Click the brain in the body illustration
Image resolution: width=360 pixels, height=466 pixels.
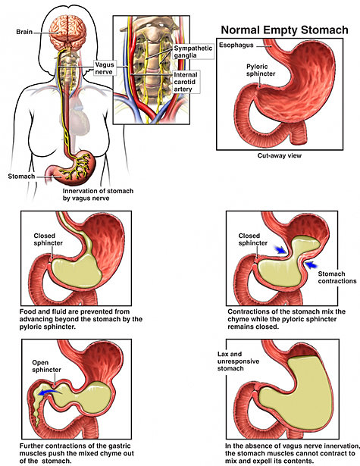point(68,31)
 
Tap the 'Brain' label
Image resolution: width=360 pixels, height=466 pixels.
point(24,32)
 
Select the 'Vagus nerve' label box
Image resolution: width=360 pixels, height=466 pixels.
point(104,68)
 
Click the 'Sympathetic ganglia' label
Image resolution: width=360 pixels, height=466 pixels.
point(193,52)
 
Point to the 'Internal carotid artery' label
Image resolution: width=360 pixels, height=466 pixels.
point(186,82)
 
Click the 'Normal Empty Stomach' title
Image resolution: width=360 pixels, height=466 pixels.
point(284,30)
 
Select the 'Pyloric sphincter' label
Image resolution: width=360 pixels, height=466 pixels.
point(261,70)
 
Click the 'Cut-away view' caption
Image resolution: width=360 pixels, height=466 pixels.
point(280,155)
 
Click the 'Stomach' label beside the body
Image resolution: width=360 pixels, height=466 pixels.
point(21,177)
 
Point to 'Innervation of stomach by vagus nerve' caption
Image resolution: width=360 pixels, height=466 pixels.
point(98,195)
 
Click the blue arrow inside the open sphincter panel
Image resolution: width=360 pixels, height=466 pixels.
point(50,393)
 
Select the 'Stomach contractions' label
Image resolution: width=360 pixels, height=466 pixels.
point(337,277)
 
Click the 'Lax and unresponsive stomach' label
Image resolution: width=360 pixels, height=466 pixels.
point(238,361)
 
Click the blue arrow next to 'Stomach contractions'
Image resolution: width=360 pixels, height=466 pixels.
point(311,264)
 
